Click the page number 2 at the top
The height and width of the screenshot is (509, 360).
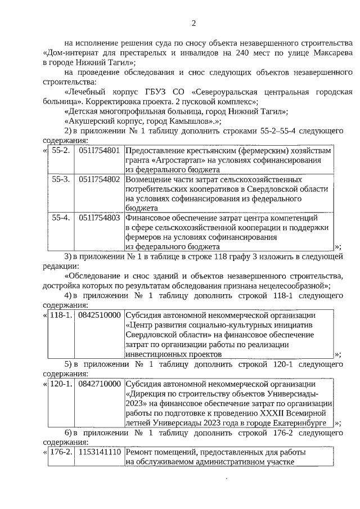(194, 23)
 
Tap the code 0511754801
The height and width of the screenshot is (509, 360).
(100, 151)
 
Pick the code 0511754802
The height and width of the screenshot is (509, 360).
(100, 179)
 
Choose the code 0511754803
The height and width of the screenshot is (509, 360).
(100, 217)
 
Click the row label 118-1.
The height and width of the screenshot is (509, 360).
(61, 315)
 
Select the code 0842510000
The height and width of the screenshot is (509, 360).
(100, 315)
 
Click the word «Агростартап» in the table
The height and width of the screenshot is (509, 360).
(177, 160)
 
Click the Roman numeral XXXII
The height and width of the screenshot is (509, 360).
(267, 412)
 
